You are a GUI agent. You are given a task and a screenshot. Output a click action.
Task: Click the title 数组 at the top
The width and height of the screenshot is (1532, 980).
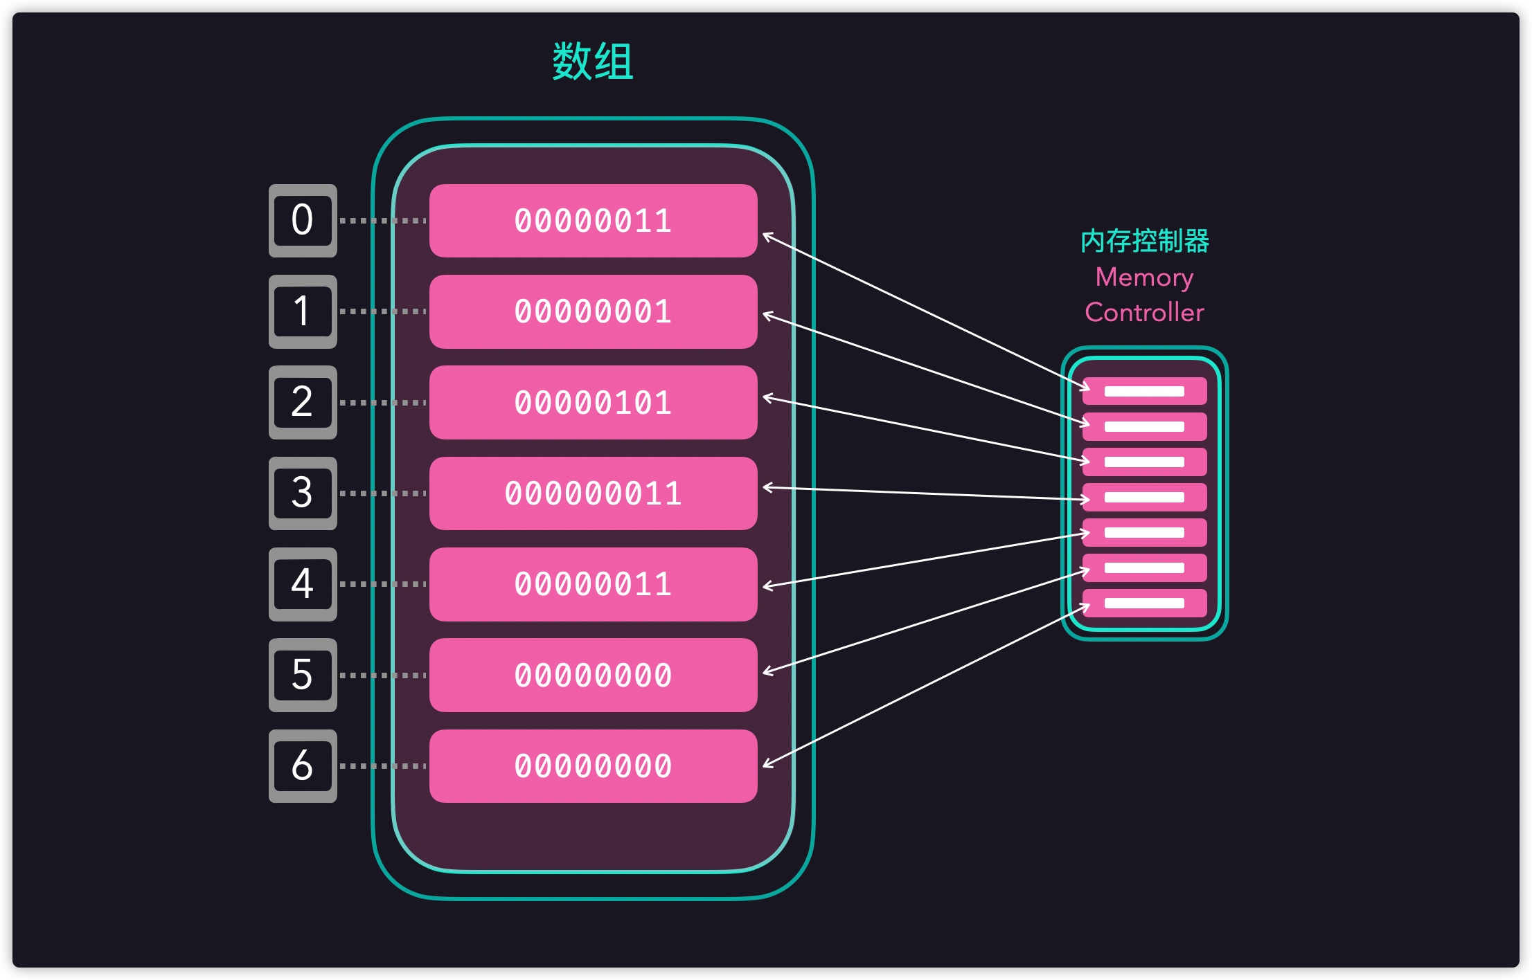click(x=593, y=62)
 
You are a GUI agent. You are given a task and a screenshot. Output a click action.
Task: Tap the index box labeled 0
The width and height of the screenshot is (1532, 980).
click(x=303, y=221)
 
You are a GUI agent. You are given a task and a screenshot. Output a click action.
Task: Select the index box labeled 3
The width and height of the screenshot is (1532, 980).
click(x=303, y=493)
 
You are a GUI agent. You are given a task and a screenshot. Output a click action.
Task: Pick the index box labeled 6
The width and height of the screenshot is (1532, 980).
click(x=303, y=766)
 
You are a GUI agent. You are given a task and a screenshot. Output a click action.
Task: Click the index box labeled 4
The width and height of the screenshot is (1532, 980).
click(x=303, y=584)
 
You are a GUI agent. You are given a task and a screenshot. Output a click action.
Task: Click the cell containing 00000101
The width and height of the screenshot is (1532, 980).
click(x=593, y=403)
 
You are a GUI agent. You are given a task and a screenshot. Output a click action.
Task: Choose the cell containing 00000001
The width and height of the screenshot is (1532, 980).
click(x=593, y=311)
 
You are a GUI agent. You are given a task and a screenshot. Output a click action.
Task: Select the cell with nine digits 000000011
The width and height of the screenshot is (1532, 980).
click(x=593, y=493)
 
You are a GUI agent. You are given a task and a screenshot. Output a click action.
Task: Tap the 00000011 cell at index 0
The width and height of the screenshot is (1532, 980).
click(x=593, y=221)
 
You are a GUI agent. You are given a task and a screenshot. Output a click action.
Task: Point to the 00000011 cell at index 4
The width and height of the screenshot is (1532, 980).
click(x=593, y=584)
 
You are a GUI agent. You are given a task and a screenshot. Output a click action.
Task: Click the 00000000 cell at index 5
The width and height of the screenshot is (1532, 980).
click(x=593, y=675)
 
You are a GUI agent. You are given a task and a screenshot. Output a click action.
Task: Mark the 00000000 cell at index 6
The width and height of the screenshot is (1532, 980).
click(x=593, y=766)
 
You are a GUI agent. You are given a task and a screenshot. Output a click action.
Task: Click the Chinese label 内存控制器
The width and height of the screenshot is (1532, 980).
click(x=1144, y=241)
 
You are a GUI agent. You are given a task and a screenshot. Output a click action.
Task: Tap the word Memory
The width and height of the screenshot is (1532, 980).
click(x=1144, y=278)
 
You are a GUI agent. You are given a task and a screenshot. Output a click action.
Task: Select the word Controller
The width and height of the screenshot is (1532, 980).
click(x=1144, y=313)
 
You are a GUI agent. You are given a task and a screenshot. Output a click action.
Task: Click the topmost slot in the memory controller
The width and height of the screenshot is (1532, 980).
click(x=1144, y=391)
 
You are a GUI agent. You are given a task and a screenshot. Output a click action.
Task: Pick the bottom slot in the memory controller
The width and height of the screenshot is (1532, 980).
click(x=1144, y=603)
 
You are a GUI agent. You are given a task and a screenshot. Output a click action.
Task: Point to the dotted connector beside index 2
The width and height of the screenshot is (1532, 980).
click(x=383, y=403)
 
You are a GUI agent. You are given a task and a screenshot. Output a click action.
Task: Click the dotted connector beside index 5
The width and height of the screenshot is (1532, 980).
click(x=383, y=675)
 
